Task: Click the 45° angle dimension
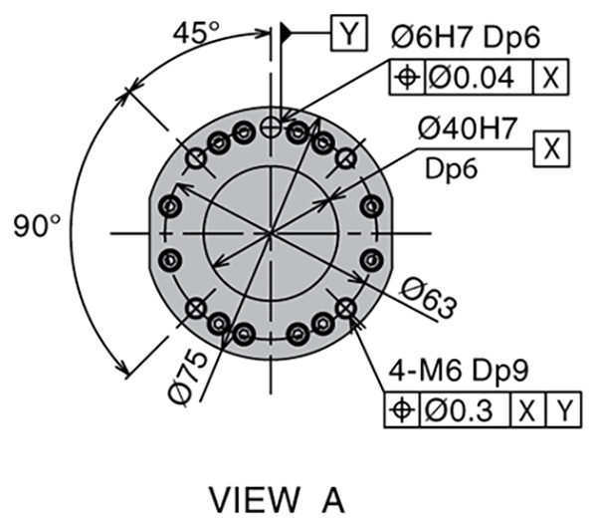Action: (x=196, y=32)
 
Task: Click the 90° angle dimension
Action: (x=37, y=226)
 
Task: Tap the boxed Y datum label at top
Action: (x=349, y=33)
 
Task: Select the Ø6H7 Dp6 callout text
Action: (x=466, y=38)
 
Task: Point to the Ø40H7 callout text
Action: (x=468, y=129)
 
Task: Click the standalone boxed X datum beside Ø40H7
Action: (x=551, y=148)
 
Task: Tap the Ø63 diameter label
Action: (x=428, y=298)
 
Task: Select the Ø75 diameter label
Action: (x=189, y=378)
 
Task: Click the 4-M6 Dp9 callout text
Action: (x=459, y=371)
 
